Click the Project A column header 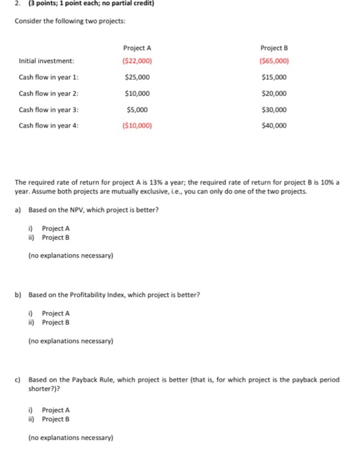point(136,48)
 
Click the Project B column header point(273,48)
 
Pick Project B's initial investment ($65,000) point(273,62)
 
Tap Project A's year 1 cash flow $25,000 point(136,78)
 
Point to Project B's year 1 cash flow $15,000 point(273,78)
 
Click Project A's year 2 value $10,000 point(136,94)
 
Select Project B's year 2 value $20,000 point(273,94)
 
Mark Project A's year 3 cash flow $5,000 point(136,110)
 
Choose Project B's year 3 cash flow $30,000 point(273,110)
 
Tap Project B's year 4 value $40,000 point(273,125)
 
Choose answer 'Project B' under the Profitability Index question point(56,322)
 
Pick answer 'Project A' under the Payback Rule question point(56,410)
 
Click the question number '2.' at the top point(7,5)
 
